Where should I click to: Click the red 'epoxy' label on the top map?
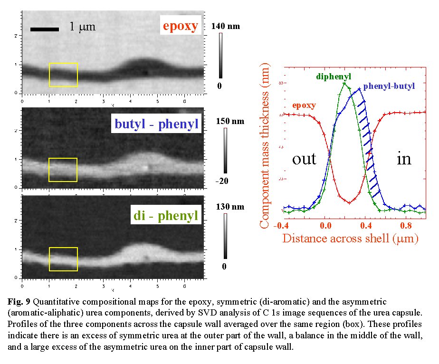click(x=180, y=26)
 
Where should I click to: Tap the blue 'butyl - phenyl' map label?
click(x=156, y=125)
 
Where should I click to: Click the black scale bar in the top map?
click(x=44, y=29)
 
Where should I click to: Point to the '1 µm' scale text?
click(x=82, y=27)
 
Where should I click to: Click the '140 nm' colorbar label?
click(x=226, y=27)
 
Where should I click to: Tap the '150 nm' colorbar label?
click(x=229, y=121)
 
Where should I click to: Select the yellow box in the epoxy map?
click(x=63, y=75)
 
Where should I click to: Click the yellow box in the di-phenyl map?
click(x=63, y=259)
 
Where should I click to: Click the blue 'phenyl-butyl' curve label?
click(x=389, y=86)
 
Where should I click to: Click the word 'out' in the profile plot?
click(x=304, y=158)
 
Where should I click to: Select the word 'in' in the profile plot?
click(x=403, y=158)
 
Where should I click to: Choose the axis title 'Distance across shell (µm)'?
click(x=350, y=238)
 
